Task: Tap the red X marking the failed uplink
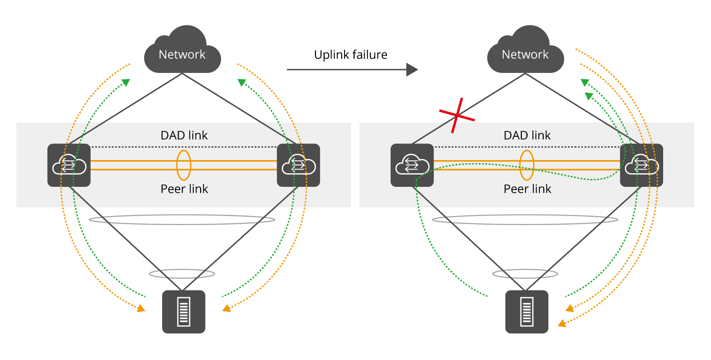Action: pos(457,116)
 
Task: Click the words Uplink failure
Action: pos(350,55)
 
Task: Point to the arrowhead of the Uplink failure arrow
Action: pos(412,70)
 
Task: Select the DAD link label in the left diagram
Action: pos(184,135)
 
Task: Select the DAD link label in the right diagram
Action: pos(527,135)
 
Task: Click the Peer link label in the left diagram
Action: pos(184,189)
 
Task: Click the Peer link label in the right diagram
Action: pos(527,189)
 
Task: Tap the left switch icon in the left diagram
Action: pos(69,165)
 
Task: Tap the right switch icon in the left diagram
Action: pos(299,165)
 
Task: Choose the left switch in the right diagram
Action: pos(412,165)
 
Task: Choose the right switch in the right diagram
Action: pos(641,165)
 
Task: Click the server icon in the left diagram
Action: pos(184,312)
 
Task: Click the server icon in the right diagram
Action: pos(527,312)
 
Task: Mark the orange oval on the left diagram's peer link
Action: pos(184,165)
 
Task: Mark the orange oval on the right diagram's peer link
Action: pos(527,165)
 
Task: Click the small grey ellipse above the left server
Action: pos(182,274)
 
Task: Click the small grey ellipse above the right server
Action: pos(525,274)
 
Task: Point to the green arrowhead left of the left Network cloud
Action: pos(126,82)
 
